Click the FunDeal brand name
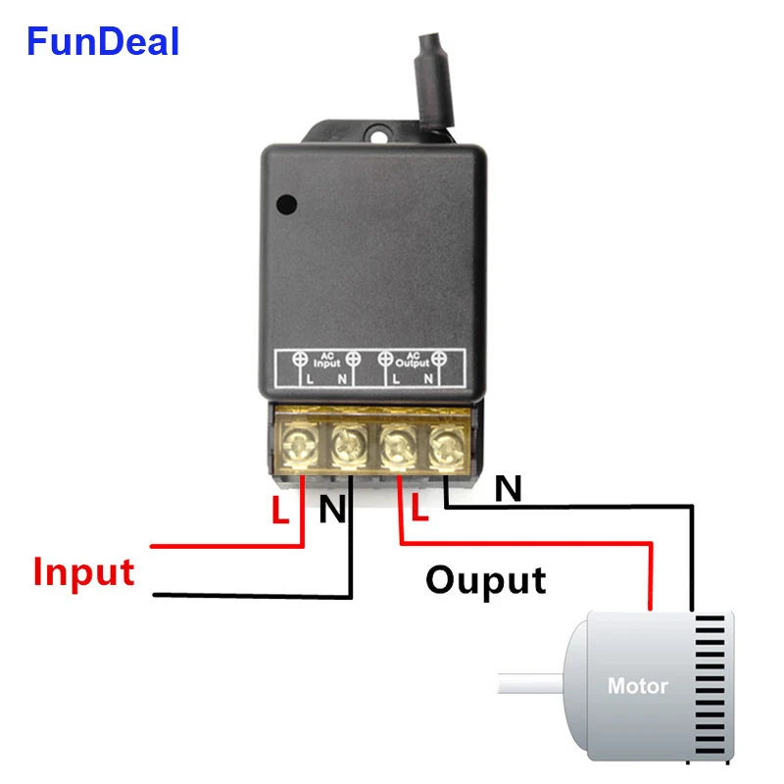(x=103, y=42)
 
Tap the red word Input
(x=83, y=571)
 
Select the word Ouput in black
(x=485, y=580)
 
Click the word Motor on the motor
(x=637, y=686)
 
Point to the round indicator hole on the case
(x=286, y=205)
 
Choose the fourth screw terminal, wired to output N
(x=446, y=446)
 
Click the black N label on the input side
(x=332, y=510)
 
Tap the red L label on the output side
(x=420, y=507)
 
